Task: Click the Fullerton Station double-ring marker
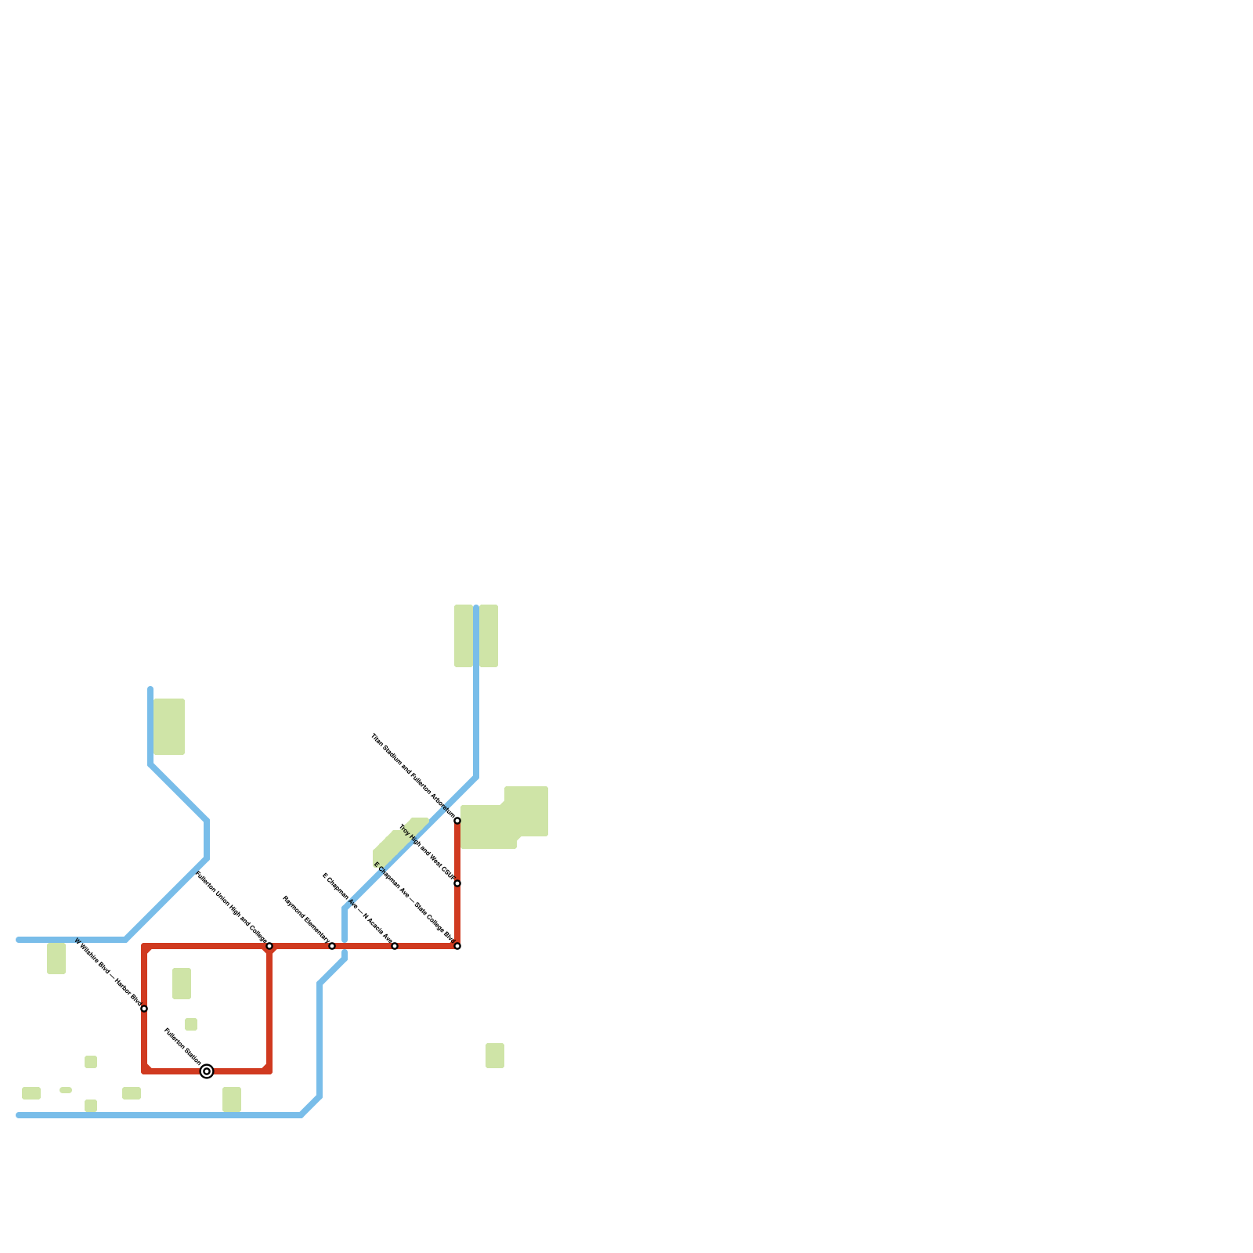click(207, 1071)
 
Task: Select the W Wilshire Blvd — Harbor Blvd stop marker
click(144, 1009)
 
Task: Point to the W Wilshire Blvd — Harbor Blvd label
click(109, 973)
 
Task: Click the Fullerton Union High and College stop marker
click(269, 946)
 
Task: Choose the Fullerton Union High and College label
click(232, 908)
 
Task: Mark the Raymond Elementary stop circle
click(332, 946)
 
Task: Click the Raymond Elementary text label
click(306, 920)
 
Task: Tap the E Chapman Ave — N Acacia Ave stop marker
click(395, 946)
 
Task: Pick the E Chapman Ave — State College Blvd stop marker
click(457, 946)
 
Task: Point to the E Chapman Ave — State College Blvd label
click(414, 903)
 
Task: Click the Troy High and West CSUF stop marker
click(457, 883)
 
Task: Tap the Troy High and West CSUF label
click(427, 853)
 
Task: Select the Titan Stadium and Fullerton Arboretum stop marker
click(457, 821)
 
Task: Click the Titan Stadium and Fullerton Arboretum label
click(413, 776)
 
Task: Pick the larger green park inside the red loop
click(182, 984)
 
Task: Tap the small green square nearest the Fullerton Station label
click(191, 1024)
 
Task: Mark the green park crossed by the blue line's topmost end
click(476, 636)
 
